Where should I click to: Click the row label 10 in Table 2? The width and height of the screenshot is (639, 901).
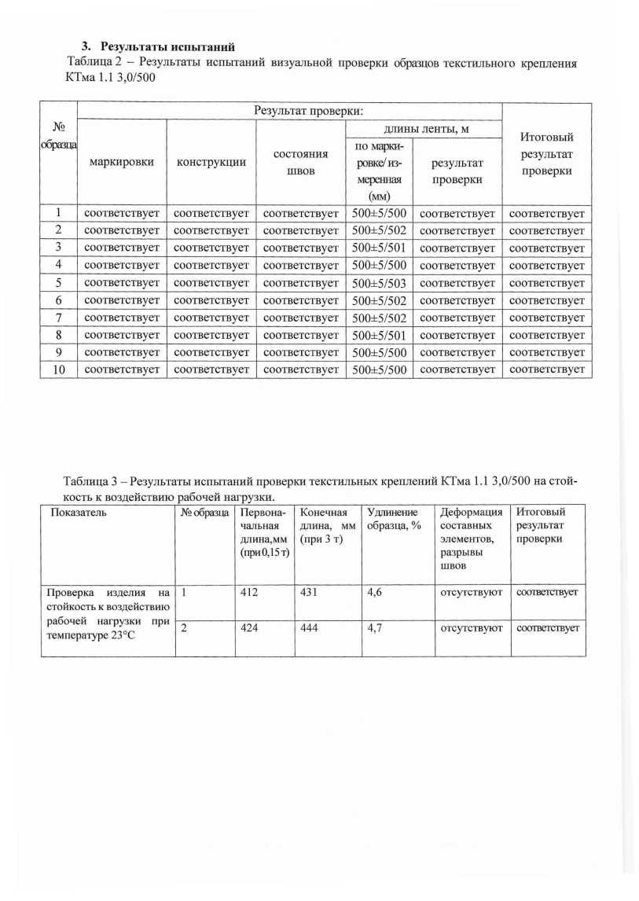[58, 369]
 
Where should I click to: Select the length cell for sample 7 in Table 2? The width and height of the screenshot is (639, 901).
[379, 318]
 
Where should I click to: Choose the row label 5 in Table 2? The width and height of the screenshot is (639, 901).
[58, 282]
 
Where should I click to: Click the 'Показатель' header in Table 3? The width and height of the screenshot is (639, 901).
[76, 513]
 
